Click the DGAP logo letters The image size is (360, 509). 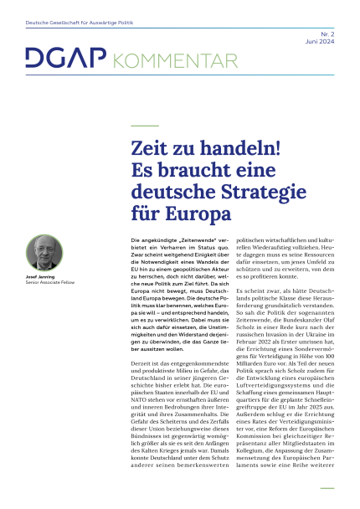pyautogui.click(x=54, y=59)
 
